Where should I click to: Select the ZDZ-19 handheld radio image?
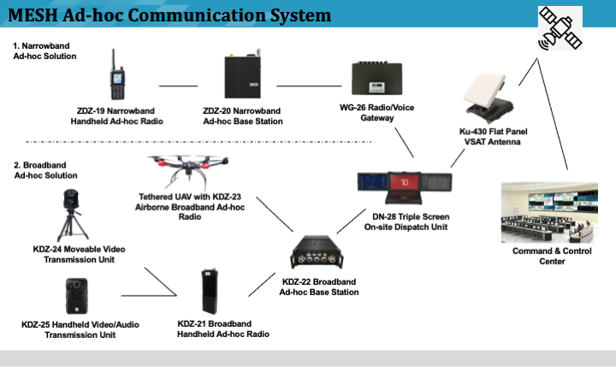tap(116, 74)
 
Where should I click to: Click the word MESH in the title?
tap(38, 14)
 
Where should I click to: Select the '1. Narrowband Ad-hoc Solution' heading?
tap(44, 50)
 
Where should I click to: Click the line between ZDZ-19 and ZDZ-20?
tap(178, 86)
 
